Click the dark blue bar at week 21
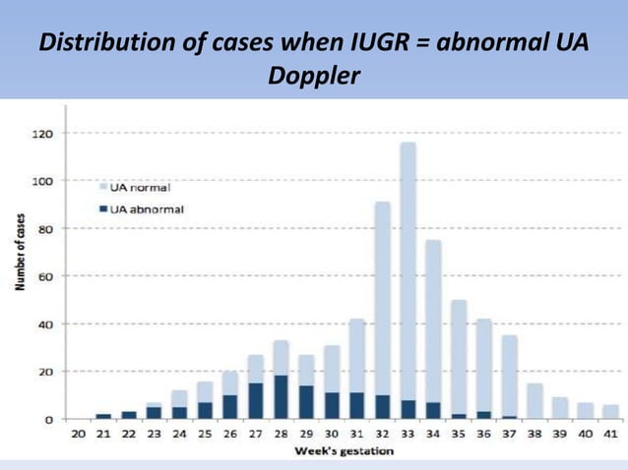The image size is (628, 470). coord(103,416)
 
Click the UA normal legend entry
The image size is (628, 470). coord(139,187)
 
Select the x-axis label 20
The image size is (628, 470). coord(79,433)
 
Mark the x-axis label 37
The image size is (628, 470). coord(509,433)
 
